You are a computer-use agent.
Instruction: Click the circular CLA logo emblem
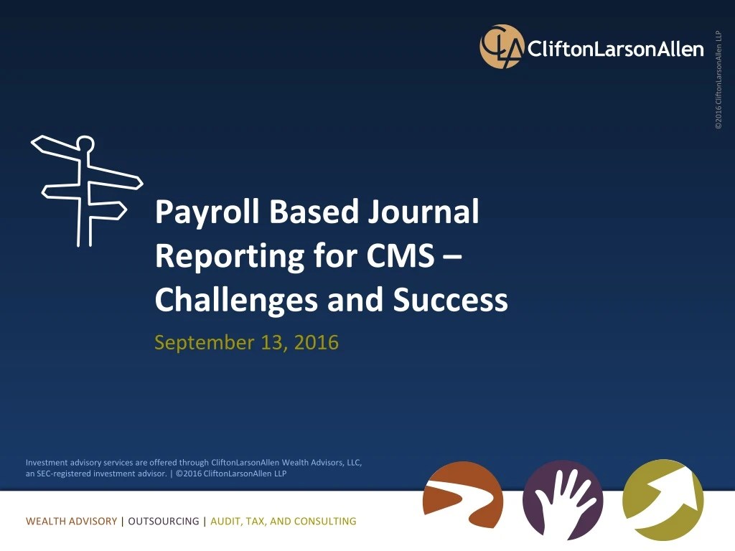tap(502, 47)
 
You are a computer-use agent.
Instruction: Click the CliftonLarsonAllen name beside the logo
tap(615, 49)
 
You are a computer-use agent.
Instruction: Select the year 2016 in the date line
tap(315, 342)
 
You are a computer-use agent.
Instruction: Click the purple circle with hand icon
tap(563, 500)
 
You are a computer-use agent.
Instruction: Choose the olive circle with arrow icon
tap(663, 499)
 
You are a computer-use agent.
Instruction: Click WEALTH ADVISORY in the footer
tap(71, 522)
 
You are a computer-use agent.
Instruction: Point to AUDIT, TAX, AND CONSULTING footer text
tap(283, 522)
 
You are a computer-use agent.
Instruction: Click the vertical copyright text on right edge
tap(718, 79)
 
